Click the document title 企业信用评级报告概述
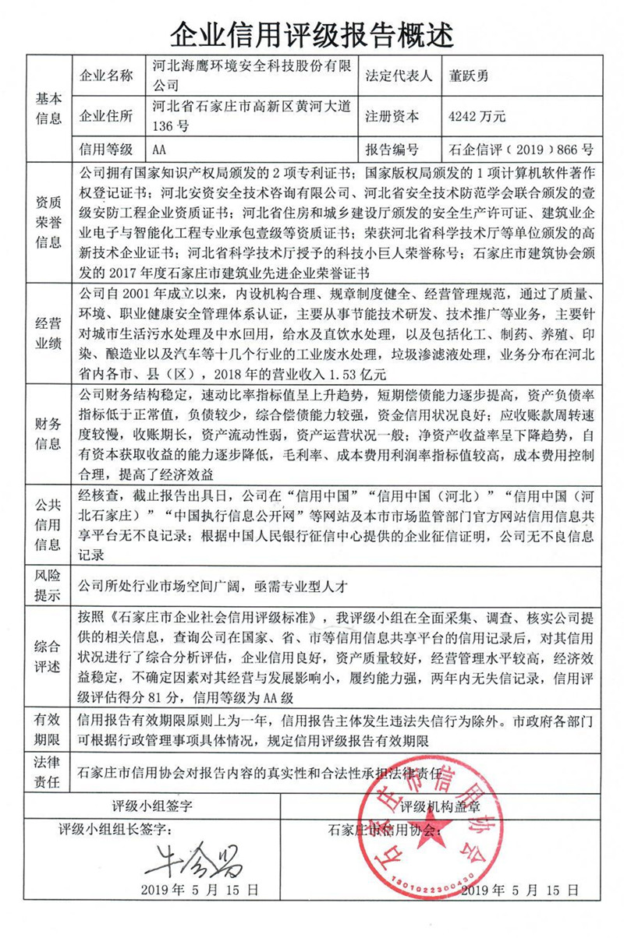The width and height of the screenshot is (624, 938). (311, 32)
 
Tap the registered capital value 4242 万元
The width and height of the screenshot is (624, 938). (477, 116)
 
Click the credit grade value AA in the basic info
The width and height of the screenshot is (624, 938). (160, 149)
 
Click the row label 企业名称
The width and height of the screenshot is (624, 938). (107, 76)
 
